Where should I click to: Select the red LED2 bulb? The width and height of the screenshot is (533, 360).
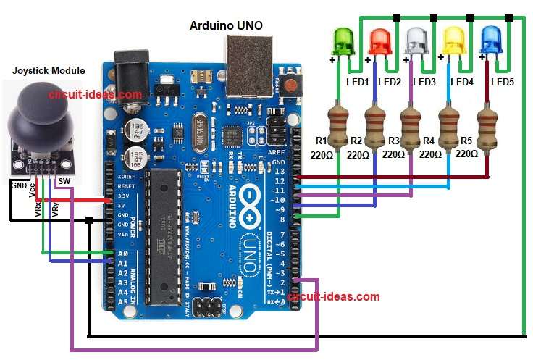pyautogui.click(x=379, y=41)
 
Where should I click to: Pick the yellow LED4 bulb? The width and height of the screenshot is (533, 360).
pyautogui.click(x=453, y=41)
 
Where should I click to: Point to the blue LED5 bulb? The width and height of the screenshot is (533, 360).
pyautogui.click(x=492, y=41)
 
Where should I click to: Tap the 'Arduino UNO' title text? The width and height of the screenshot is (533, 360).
pyautogui.click(x=226, y=25)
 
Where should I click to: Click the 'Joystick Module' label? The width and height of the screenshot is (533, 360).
pyautogui.click(x=49, y=70)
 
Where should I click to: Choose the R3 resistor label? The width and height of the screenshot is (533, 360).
pyautogui.click(x=394, y=140)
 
